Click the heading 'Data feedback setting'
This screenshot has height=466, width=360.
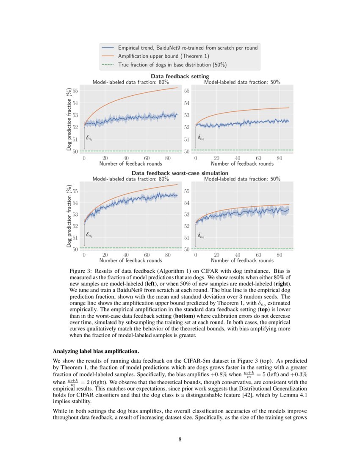click(x=180, y=76)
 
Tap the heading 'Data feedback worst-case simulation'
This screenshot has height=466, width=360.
click(x=180, y=173)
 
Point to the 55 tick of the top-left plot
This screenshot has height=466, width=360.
click(x=75, y=91)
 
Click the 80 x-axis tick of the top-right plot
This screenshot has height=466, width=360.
click(x=279, y=158)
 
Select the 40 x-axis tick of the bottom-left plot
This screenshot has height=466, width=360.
click(x=126, y=255)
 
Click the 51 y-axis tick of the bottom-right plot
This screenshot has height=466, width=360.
click(x=186, y=238)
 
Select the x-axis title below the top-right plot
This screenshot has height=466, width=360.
click(x=242, y=164)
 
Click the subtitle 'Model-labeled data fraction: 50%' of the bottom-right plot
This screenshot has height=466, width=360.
click(x=242, y=179)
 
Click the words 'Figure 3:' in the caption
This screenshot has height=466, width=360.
click(x=80, y=270)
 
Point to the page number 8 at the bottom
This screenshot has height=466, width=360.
click(x=180, y=439)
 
